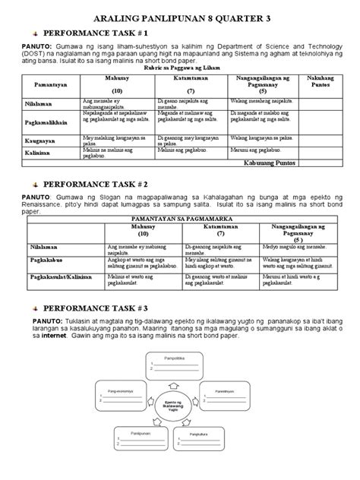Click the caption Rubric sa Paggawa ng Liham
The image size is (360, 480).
(x=179, y=68)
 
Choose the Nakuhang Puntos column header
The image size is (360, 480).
(x=328, y=83)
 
